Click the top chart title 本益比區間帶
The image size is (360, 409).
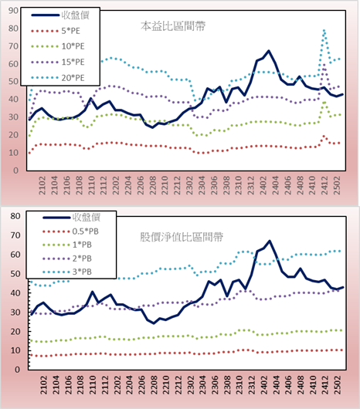(x=173, y=26)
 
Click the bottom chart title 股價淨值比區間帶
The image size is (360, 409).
(x=182, y=237)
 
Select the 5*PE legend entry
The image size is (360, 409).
(x=56, y=31)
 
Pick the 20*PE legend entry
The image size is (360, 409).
(x=57, y=78)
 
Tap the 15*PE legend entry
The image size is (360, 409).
(x=57, y=62)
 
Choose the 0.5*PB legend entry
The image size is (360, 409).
(x=70, y=232)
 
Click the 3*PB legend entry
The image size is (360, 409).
(x=67, y=272)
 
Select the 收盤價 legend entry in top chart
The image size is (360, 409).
(x=60, y=15)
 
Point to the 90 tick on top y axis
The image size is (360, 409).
(x=13, y=11)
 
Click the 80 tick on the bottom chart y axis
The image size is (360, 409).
(x=15, y=216)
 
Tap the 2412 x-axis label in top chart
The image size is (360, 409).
(x=324, y=185)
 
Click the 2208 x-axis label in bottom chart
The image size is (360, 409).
(x=154, y=385)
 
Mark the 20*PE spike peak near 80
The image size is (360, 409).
(x=324, y=31)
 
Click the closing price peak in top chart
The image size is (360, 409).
(x=269, y=51)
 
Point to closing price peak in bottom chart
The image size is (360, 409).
(x=270, y=241)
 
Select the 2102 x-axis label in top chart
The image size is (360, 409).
(x=42, y=185)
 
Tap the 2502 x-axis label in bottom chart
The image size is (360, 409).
(x=338, y=385)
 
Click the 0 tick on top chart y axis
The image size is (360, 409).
(x=15, y=171)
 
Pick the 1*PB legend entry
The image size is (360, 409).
(x=67, y=245)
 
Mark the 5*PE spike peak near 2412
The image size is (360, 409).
(x=324, y=136)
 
